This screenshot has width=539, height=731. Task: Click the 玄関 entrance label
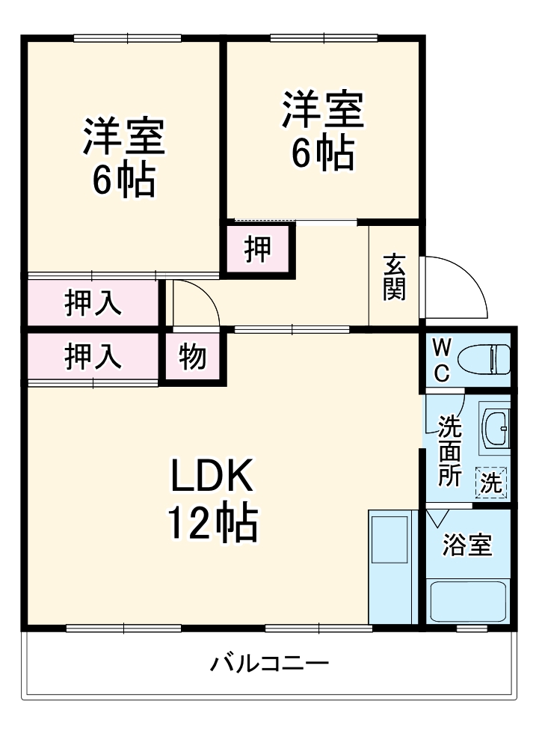[x=394, y=278]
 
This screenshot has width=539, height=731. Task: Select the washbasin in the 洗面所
[x=495, y=429]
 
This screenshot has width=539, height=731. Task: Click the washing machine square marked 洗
[x=492, y=483]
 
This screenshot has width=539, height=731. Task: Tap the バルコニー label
[x=270, y=664]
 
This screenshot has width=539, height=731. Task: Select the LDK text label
[x=213, y=476]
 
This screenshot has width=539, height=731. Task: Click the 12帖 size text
[x=212, y=523]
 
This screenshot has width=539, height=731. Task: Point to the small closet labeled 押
[x=258, y=250]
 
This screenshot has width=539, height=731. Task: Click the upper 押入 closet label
[x=93, y=303]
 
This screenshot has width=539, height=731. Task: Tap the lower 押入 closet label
[x=93, y=356]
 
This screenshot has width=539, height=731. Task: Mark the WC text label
[x=442, y=360]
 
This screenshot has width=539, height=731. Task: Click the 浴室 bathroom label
[x=467, y=545]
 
